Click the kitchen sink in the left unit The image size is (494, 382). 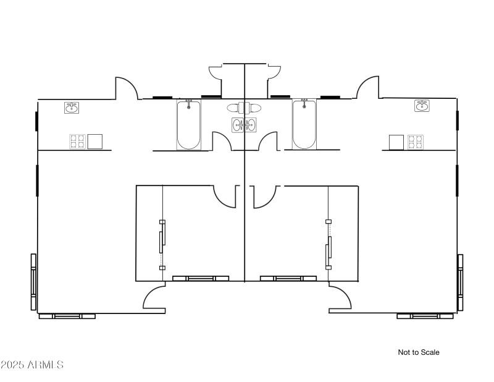point(72,108)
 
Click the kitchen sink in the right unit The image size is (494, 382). point(422,106)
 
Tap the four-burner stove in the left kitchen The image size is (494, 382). point(78,142)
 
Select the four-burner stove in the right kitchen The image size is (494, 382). point(416,142)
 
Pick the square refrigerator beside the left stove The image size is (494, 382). point(95,142)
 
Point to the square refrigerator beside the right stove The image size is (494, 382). point(396,142)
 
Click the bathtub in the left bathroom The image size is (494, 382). point(188,125)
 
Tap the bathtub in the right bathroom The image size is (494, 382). point(304,124)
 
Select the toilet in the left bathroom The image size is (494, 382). point(236,108)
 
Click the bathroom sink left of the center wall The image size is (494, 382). point(238,125)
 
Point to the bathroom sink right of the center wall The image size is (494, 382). point(251,125)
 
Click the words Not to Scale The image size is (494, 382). point(419,352)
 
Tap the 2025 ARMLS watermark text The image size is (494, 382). point(32,365)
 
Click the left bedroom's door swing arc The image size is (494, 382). point(225,197)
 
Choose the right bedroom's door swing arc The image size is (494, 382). point(265,197)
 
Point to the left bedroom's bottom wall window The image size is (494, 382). point(201,279)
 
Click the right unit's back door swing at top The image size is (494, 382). point(368,87)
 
